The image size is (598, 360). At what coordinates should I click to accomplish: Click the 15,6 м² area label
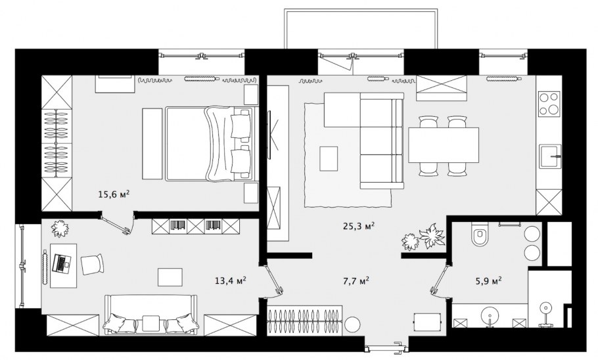pos(114,194)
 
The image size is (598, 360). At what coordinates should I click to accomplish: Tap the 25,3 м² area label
pos(359,226)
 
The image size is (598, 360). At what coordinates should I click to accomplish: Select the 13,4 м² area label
pos(231,281)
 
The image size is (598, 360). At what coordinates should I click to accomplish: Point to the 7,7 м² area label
pos(356,281)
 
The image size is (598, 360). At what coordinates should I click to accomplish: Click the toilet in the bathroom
pos(479,234)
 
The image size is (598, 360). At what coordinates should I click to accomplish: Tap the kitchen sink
pos(550,156)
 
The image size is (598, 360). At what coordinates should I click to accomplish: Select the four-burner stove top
pos(549,104)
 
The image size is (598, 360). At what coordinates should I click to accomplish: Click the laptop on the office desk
pos(61,263)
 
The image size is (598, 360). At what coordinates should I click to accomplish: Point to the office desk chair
pos(92,264)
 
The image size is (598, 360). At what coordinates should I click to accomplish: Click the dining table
pos(444,145)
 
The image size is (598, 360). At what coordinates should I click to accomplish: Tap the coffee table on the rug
pos(329,158)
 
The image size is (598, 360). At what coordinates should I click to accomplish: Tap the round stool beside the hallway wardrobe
pos(352,325)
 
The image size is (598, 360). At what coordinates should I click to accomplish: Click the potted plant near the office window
pos(60,229)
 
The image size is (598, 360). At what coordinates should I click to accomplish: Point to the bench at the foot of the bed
pos(152,144)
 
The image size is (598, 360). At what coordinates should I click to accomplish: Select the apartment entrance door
pos(386,347)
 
